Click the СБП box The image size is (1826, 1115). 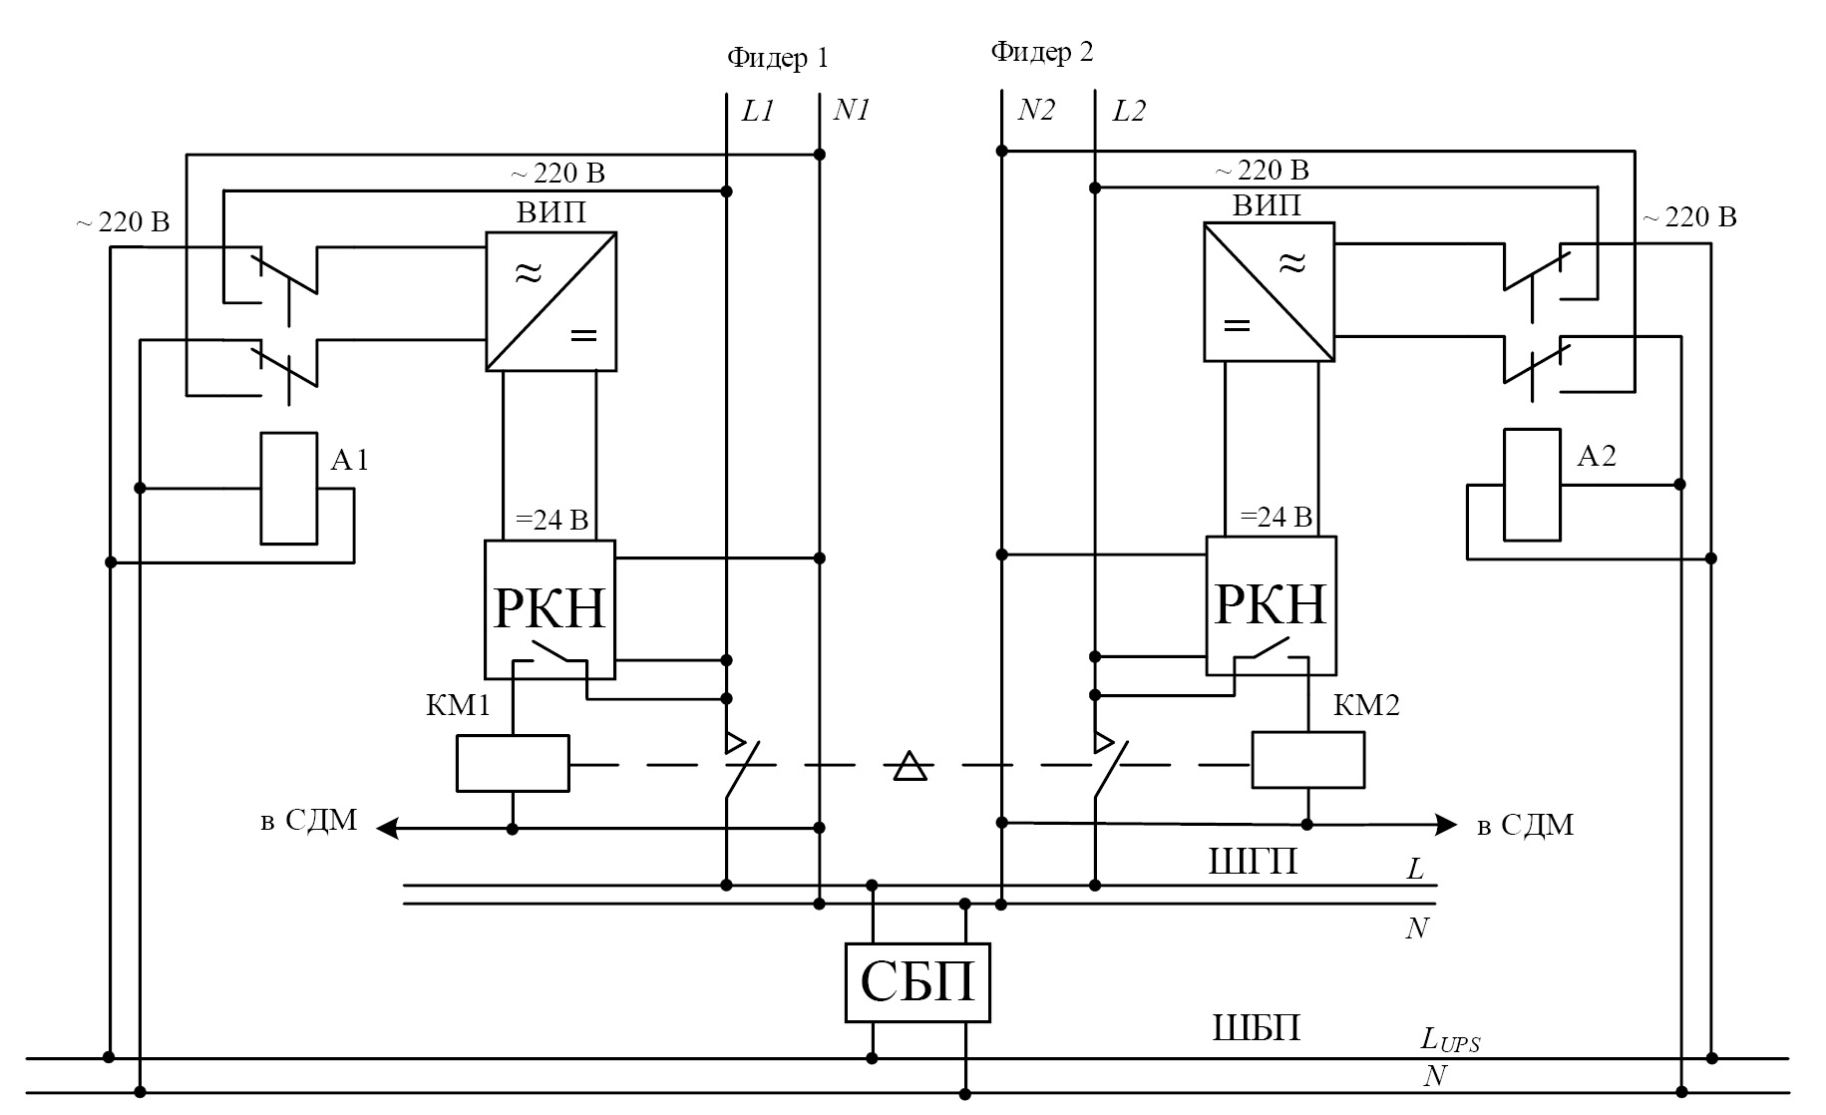pyautogui.click(x=917, y=982)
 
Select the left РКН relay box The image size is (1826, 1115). pyautogui.click(x=549, y=609)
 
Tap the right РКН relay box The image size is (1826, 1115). pyautogui.click(x=1271, y=606)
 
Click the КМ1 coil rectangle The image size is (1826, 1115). pyautogui.click(x=513, y=764)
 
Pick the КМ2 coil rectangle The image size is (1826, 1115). pyautogui.click(x=1308, y=760)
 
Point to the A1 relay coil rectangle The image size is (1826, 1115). pyautogui.click(x=288, y=489)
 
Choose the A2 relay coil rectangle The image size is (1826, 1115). pyautogui.click(x=1532, y=485)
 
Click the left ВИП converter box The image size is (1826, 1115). pyautogui.click(x=550, y=301)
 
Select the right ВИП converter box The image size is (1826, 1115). pyautogui.click(x=1270, y=291)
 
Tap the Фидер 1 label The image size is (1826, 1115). pyautogui.click(x=778, y=58)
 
